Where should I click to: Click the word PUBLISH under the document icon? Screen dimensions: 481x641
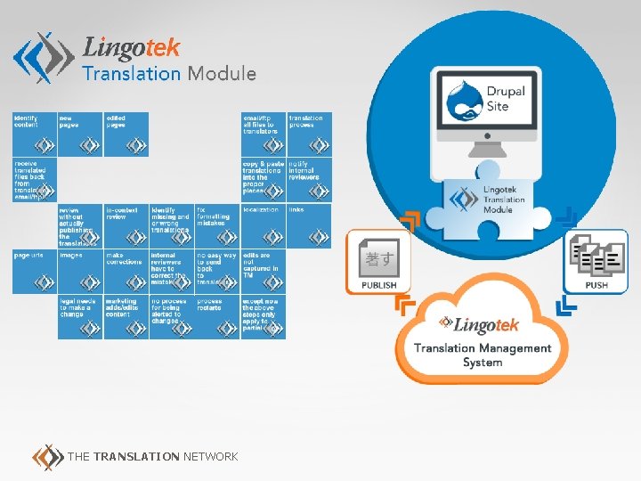(x=378, y=285)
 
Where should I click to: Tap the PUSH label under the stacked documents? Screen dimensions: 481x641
(x=596, y=285)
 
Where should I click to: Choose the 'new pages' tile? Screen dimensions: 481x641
(x=80, y=134)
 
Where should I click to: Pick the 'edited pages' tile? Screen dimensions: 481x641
(x=126, y=134)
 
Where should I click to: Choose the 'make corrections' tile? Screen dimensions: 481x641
(x=126, y=271)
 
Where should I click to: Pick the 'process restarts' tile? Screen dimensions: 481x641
(x=217, y=316)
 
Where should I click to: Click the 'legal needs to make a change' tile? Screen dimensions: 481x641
(x=80, y=316)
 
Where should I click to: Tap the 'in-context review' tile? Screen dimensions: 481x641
(x=126, y=225)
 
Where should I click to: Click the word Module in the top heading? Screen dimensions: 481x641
(x=222, y=74)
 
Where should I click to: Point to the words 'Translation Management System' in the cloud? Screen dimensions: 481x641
(x=483, y=355)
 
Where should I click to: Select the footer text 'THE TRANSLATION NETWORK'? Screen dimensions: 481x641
(x=152, y=457)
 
